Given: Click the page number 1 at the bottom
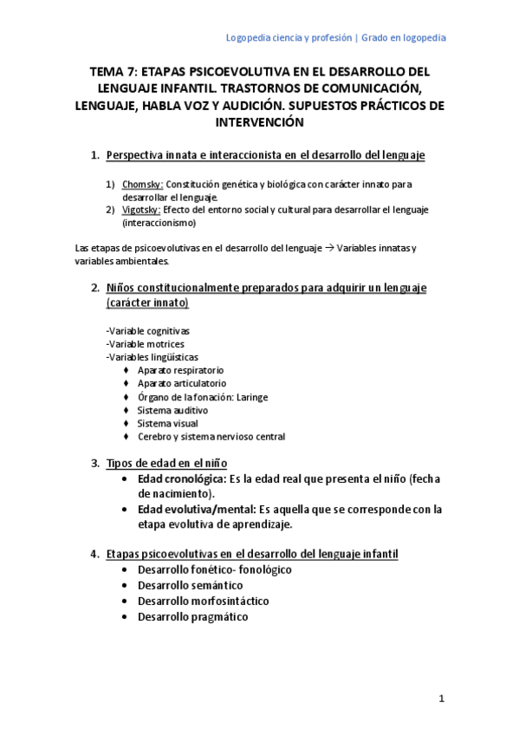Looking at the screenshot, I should [440, 699].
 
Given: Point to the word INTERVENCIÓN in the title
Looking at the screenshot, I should [259, 122].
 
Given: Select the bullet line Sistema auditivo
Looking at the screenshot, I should [172, 410].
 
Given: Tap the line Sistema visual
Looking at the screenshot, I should [167, 424].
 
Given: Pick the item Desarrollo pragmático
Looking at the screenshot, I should [192, 616].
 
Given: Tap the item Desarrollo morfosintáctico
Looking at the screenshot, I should [203, 601].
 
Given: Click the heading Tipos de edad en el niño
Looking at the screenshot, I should [166, 463].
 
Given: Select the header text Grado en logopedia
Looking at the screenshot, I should [404, 38].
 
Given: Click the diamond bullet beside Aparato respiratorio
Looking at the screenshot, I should [127, 370].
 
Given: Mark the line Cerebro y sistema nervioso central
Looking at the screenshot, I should [211, 437].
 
